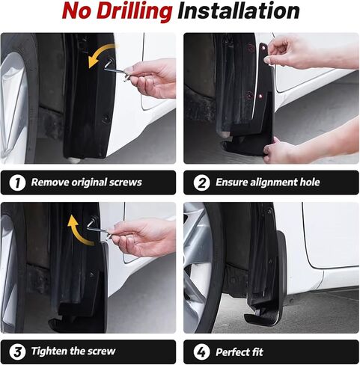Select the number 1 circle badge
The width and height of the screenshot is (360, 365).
[x=16, y=182]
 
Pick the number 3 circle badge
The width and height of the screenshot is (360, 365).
[x=16, y=352]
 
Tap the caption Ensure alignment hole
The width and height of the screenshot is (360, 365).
[x=267, y=182]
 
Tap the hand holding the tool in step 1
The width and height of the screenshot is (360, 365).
[x=153, y=77]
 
